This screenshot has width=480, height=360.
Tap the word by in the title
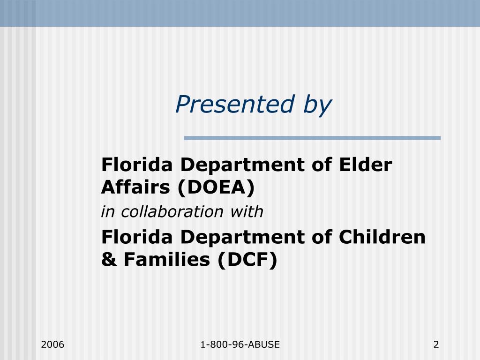coord(317,105)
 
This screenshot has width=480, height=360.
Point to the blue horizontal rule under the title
coord(312,138)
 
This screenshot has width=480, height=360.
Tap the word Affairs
coord(135,187)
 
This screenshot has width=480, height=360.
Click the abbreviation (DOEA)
coord(216,187)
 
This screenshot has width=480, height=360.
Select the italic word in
coord(108,212)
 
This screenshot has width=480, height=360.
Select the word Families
coord(166,259)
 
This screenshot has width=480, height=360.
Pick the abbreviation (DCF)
coord(247,260)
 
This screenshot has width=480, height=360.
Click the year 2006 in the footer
coord(52,345)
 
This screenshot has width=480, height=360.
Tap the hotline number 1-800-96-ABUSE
coord(240,345)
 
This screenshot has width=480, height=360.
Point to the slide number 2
coord(436,345)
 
